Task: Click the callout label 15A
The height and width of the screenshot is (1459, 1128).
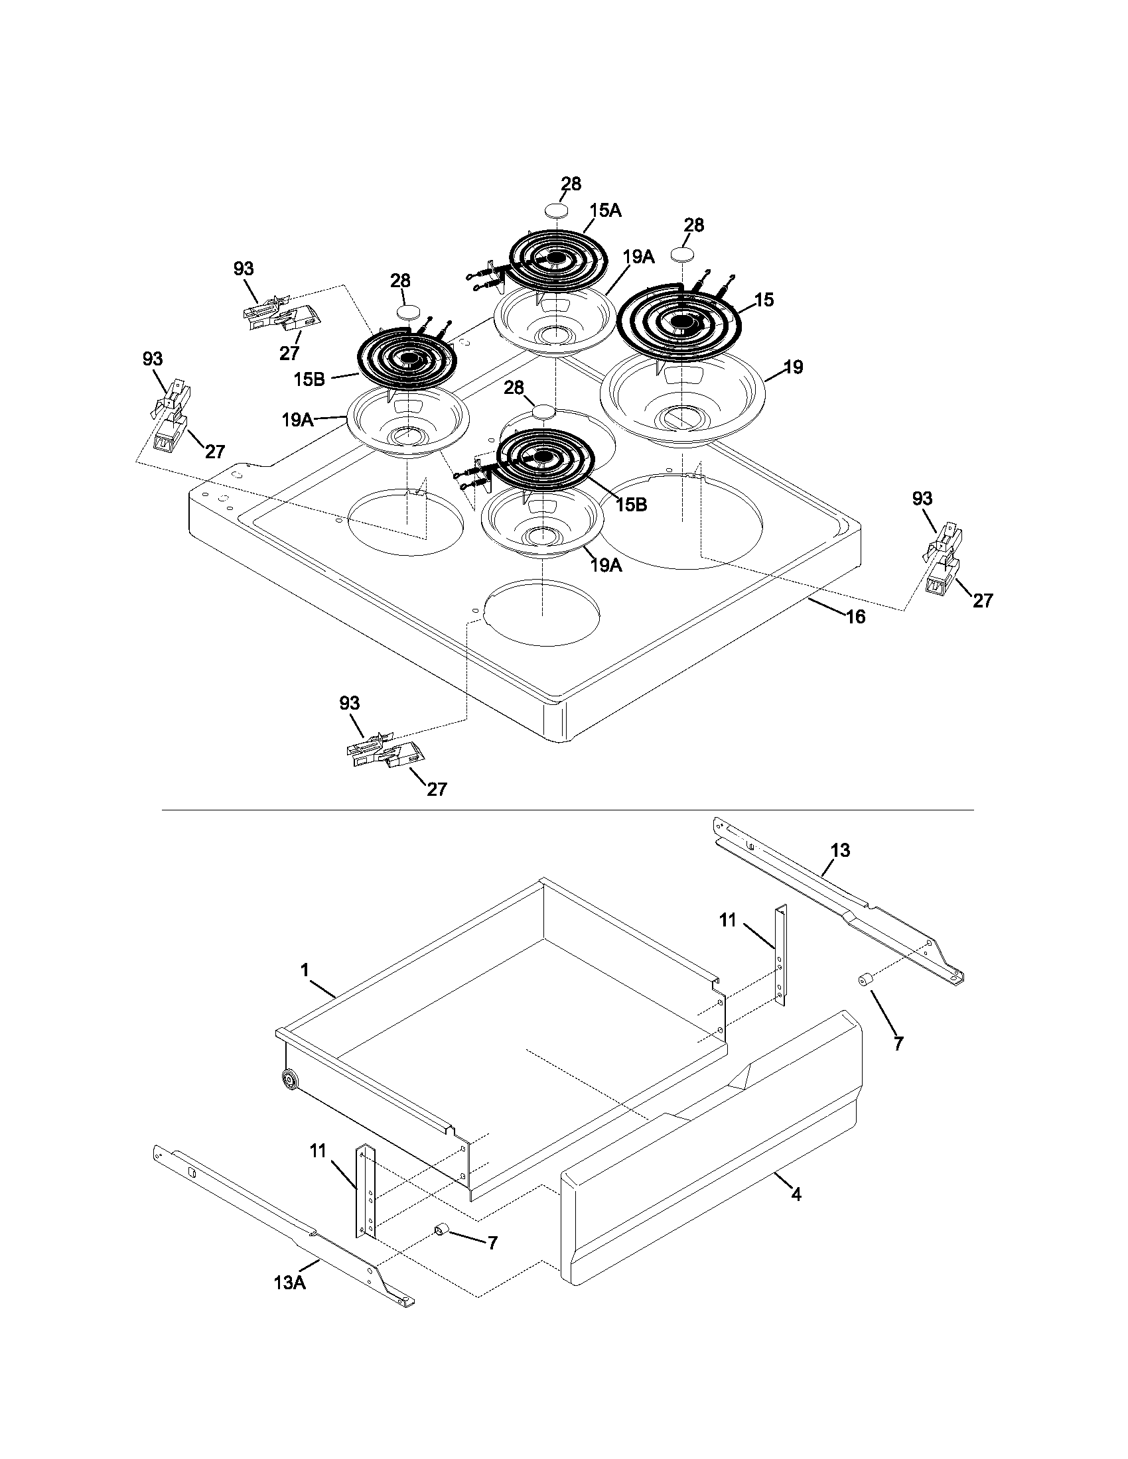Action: [x=604, y=211]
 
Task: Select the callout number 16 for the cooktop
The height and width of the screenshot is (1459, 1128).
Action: [x=855, y=617]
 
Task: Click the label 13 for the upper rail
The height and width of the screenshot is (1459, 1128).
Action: [x=840, y=850]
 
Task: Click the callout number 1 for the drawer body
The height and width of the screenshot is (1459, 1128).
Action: [x=305, y=970]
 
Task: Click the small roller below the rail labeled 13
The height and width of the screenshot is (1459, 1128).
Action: [x=863, y=980]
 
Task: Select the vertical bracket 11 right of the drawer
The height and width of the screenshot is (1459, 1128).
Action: [x=780, y=955]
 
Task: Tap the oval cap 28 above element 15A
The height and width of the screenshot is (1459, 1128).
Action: [x=557, y=210]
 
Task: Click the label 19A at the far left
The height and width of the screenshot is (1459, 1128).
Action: [x=297, y=420]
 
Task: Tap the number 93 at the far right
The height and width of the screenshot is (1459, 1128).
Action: [x=922, y=498]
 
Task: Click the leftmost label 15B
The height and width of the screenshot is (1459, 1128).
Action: [x=309, y=379]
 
